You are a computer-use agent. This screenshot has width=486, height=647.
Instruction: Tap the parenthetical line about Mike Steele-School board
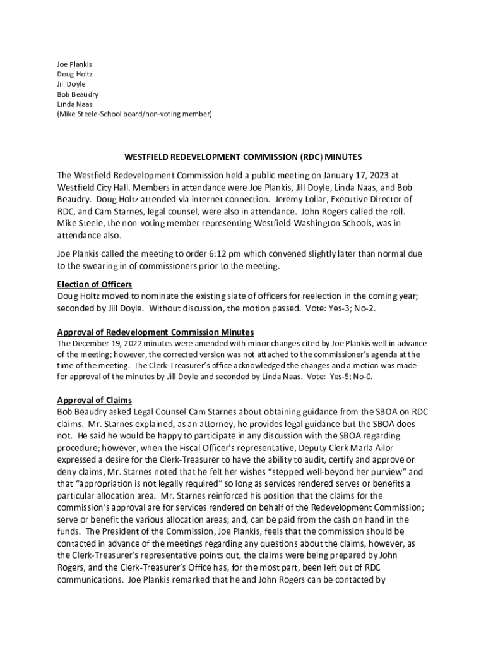134,114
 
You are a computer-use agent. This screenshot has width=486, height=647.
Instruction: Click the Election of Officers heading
94,284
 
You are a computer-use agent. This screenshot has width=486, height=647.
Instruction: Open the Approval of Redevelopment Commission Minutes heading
155,332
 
